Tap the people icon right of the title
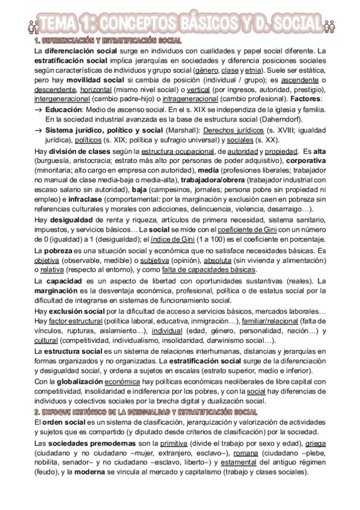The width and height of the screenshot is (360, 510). click(x=328, y=25)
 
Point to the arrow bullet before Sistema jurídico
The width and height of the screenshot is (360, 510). click(x=38, y=130)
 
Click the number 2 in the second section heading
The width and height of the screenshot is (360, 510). click(x=37, y=412)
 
